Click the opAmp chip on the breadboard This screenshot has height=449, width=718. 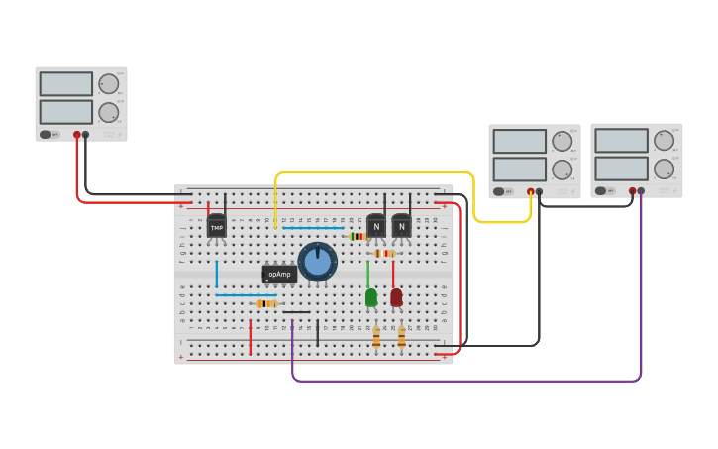[279, 274]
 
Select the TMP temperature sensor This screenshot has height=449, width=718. [216, 227]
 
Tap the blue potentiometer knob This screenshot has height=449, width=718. [317, 262]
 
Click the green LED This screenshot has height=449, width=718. [371, 297]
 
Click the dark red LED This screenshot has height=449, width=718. [396, 297]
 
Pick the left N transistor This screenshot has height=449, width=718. [376, 226]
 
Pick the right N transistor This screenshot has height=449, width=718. [401, 226]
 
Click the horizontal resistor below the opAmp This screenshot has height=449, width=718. [265, 303]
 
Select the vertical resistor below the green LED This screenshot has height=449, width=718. [376, 338]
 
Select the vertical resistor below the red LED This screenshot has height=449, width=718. [401, 338]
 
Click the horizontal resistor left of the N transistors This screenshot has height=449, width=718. [358, 237]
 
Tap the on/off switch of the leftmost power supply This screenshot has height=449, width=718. [46, 134]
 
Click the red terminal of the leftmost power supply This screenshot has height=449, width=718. [76, 135]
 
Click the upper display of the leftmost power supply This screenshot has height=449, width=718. [66, 84]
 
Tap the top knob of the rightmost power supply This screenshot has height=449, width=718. [664, 140]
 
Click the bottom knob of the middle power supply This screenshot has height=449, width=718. [562, 168]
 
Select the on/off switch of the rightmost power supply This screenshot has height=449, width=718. [601, 190]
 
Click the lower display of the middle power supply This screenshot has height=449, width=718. [520, 168]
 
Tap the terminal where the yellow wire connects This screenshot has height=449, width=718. [530, 191]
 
